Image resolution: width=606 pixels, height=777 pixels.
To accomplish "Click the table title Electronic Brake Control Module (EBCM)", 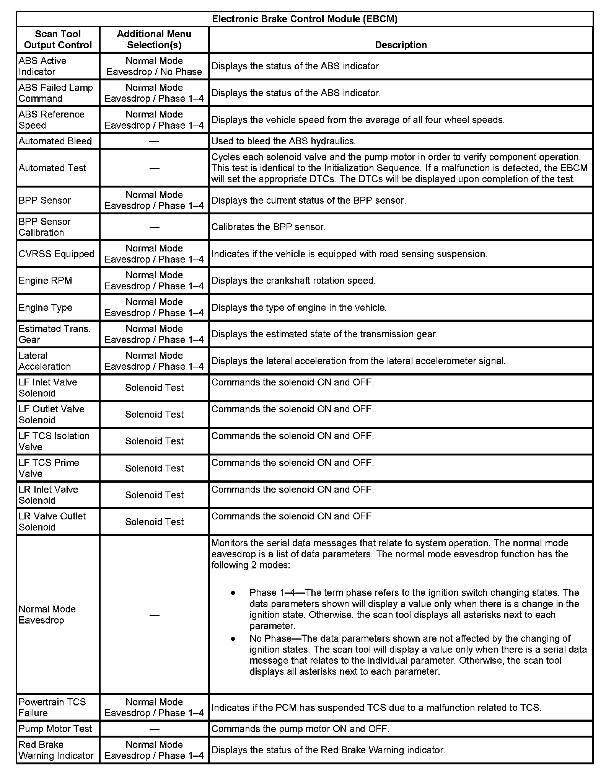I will (305, 19).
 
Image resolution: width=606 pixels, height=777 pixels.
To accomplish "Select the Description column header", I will (401, 45).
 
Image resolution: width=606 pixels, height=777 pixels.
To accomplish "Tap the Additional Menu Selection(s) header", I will (154, 39).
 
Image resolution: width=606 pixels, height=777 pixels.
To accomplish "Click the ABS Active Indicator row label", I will (42, 66).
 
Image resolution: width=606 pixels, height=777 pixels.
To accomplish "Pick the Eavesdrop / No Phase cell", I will (154, 72).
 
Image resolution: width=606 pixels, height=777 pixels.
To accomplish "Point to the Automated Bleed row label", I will (55, 141).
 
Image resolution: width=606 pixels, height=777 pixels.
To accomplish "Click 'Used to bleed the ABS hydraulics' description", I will (283, 141).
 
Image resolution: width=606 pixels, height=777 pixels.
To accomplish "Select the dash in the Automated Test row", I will (154, 168).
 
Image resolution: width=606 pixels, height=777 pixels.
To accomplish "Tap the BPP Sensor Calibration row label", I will (45, 227).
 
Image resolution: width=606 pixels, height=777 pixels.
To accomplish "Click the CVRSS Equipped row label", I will (56, 254).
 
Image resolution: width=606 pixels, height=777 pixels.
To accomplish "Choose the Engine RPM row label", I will (45, 281).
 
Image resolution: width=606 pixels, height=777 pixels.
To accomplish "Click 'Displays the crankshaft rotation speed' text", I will (293, 281).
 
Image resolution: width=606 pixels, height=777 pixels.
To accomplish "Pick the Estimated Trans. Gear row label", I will (54, 334).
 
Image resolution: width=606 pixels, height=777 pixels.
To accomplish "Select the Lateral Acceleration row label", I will (44, 361).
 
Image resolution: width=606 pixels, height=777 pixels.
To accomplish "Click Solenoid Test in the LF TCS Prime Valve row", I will (154, 468).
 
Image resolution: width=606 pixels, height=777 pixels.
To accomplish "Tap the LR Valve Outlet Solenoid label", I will (52, 522).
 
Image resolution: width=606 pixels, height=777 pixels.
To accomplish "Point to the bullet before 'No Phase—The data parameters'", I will (233, 639).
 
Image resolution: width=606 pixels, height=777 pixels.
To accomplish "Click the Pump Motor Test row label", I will (55, 729).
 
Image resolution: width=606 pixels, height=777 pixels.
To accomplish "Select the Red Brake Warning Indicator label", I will (56, 750).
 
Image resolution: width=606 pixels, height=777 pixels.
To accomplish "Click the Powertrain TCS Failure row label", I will (52, 707).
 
